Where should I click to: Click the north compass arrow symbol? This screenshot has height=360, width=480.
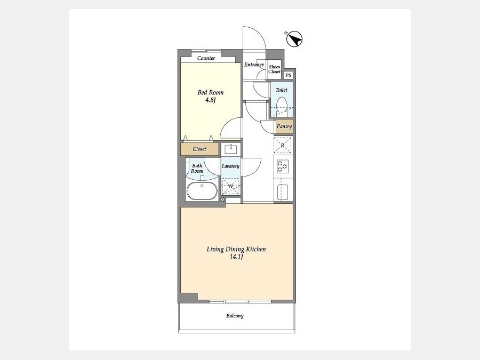click(294, 39)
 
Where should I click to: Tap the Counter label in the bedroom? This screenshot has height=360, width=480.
click(206, 58)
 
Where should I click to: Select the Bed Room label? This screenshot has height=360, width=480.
click(211, 92)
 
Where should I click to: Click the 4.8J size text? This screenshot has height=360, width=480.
click(211, 100)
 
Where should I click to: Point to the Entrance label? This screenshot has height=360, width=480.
click(254, 65)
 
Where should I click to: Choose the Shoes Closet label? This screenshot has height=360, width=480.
click(274, 69)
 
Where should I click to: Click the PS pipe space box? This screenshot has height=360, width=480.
click(289, 75)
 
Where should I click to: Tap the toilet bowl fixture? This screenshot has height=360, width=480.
click(281, 107)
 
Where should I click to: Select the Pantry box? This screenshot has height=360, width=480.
click(284, 126)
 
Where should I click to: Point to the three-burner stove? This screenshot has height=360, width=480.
click(282, 167)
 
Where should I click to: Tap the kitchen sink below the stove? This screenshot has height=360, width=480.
click(283, 192)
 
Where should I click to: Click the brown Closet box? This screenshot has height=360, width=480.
click(199, 149)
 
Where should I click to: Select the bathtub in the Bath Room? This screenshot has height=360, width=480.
click(202, 191)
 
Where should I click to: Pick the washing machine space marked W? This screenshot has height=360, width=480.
click(231, 187)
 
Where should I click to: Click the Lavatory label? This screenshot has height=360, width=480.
click(230, 166)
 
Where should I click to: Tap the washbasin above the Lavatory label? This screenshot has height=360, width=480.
click(231, 149)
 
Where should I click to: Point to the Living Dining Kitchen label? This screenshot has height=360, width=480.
click(236, 249)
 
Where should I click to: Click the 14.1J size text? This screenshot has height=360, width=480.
click(236, 257)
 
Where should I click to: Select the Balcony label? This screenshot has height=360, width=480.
click(235, 316)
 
